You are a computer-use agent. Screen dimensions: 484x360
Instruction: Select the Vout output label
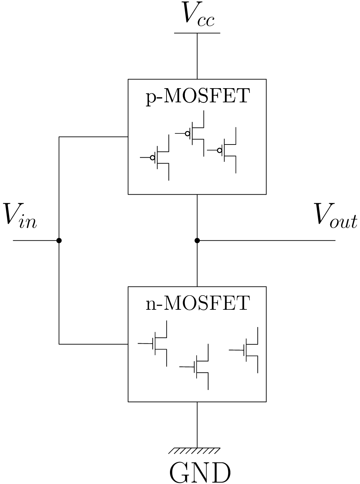pyautogui.click(x=335, y=216)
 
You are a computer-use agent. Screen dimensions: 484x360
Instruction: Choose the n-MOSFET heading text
pyautogui.click(x=197, y=303)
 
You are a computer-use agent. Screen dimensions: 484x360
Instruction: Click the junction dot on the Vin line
pyautogui.click(x=59, y=240)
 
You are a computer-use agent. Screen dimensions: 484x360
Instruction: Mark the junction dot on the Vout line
pyautogui.click(x=197, y=240)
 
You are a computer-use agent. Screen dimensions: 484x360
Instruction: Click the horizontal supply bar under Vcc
pyautogui.click(x=197, y=33)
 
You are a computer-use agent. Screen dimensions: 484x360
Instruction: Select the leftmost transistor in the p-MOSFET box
pyautogui.click(x=159, y=158)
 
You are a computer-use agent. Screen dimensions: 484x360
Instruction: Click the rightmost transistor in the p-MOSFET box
pyautogui.click(x=226, y=150)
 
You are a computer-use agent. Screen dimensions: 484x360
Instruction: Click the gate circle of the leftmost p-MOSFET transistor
pyautogui.click(x=152, y=158)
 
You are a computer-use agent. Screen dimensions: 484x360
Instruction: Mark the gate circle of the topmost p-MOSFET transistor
pyautogui.click(x=188, y=133)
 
